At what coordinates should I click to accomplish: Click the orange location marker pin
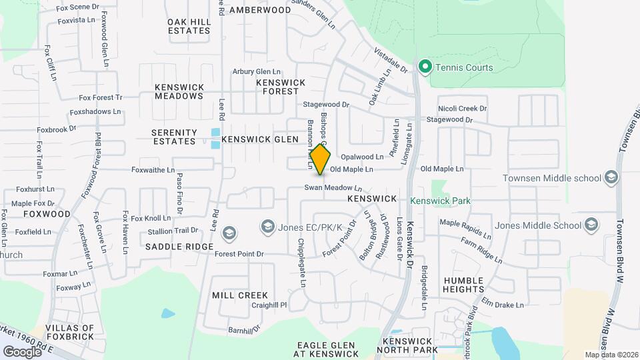(321, 159)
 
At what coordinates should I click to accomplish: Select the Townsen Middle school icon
(612, 177)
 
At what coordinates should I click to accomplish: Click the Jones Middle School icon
(591, 225)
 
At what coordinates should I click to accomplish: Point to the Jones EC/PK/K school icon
(268, 227)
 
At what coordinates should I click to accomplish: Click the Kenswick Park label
(440, 200)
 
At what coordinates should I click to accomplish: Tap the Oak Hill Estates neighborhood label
(189, 26)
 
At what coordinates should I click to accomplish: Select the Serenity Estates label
(175, 137)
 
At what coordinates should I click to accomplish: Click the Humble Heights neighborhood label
(463, 285)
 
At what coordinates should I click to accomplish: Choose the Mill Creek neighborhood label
(240, 295)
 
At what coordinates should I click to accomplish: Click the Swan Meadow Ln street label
(333, 188)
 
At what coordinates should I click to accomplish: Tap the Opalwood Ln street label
(362, 157)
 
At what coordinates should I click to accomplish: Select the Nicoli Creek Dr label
(463, 108)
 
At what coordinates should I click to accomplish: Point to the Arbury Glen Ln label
(257, 72)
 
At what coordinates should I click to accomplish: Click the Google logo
(23, 351)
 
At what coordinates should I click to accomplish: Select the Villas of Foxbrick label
(69, 333)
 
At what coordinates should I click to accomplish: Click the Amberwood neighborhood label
(260, 10)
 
